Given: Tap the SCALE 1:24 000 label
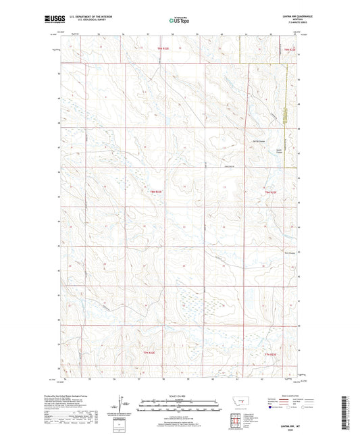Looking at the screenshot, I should tap(180, 396).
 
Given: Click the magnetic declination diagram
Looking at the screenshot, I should tap(126, 405).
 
